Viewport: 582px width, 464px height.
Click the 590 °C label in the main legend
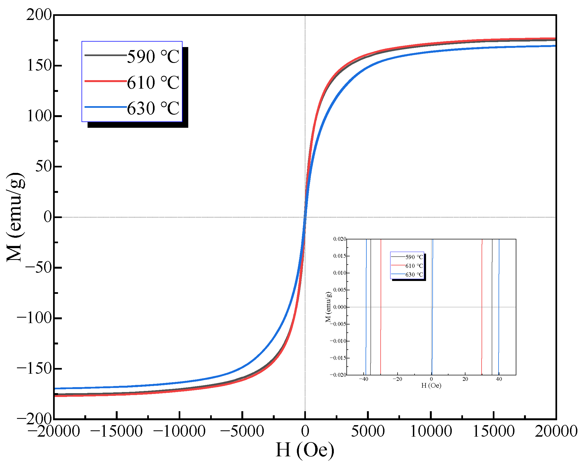(153, 57)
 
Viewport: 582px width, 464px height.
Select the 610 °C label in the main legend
(153, 82)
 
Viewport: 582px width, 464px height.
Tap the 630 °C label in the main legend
(153, 108)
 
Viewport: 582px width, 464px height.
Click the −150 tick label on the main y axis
(34, 368)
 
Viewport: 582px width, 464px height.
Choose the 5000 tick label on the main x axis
(368, 431)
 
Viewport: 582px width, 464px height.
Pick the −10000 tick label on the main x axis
(179, 431)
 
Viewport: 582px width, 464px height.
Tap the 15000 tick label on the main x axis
(493, 431)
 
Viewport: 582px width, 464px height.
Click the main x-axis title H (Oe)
(305, 450)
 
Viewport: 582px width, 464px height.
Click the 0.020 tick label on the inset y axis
(340, 239)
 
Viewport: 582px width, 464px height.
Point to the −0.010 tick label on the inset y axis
(338, 341)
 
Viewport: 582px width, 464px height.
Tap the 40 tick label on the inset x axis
(499, 379)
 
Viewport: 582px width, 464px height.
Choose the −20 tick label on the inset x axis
(397, 379)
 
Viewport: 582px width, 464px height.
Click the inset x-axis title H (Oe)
(431, 385)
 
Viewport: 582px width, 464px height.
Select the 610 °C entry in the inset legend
(414, 266)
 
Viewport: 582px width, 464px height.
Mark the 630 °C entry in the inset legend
(414, 274)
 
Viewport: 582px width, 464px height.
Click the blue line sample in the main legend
(105, 107)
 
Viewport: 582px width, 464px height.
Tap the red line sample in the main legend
(105, 81)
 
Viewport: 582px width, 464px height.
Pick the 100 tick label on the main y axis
(39, 116)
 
